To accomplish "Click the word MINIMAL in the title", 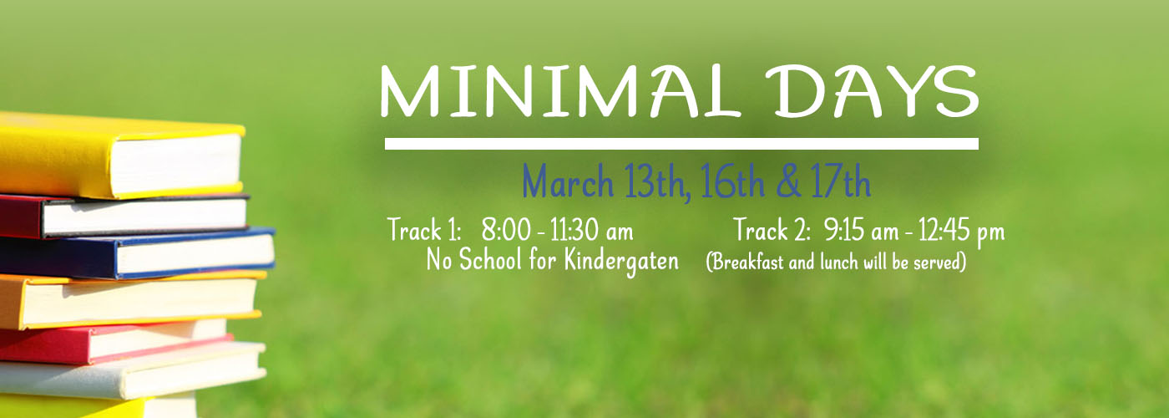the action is pos(559,91).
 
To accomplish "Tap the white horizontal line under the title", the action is pos(681,144).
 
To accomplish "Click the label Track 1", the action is pos(424,230).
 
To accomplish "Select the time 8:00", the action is pos(506,230).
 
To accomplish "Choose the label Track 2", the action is pos(771,230).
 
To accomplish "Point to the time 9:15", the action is pos(844,230).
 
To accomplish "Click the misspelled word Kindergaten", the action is pos(621,261).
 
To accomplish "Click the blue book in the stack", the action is pos(138,252).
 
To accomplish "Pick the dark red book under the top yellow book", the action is pos(124,216).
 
